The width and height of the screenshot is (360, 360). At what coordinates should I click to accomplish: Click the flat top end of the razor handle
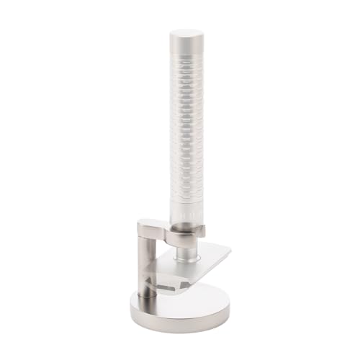(x=186, y=33)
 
